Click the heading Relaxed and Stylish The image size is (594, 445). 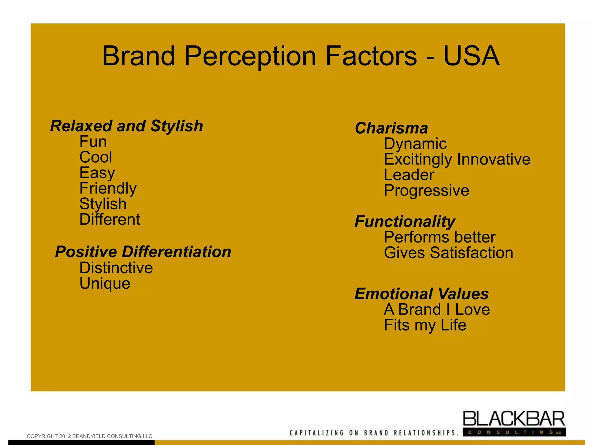(126, 126)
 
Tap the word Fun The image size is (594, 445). (93, 142)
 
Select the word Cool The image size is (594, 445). (96, 157)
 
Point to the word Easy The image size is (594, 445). (97, 173)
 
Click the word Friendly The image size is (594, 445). (108, 189)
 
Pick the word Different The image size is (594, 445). (110, 219)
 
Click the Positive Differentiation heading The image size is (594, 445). (143, 252)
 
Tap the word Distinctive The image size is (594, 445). (116, 268)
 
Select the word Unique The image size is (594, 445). (105, 283)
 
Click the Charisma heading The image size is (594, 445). (391, 128)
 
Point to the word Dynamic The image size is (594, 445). (415, 144)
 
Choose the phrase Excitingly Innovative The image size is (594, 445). (457, 159)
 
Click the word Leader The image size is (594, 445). (409, 175)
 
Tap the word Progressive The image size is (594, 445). (426, 190)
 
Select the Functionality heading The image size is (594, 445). (405, 222)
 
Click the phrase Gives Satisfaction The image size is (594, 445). (448, 253)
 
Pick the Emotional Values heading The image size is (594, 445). (422, 294)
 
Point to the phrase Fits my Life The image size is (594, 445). (425, 325)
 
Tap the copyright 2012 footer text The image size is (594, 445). (89, 436)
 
